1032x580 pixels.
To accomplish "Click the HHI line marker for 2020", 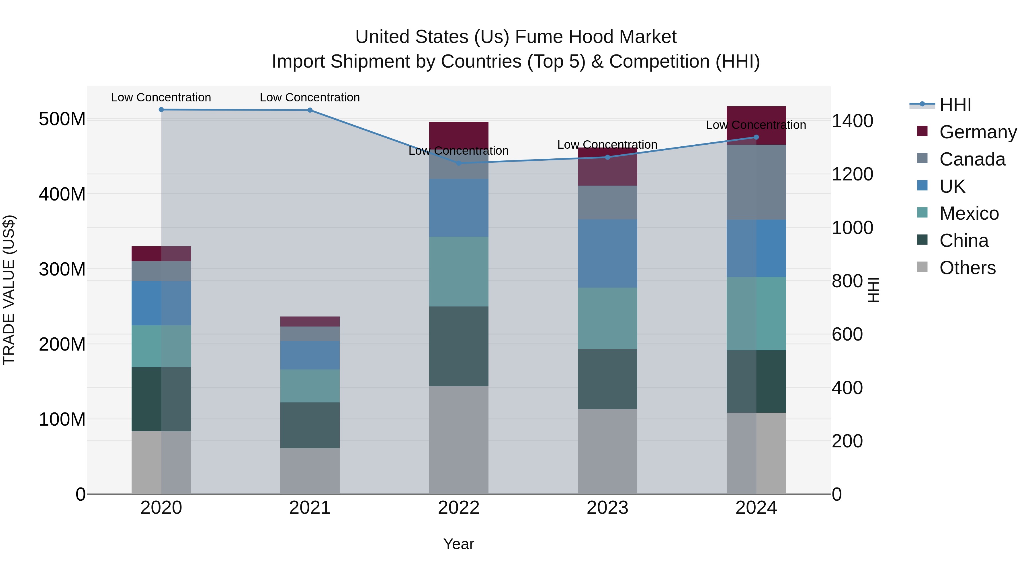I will tap(161, 109).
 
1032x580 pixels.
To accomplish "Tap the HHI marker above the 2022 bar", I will tap(459, 163).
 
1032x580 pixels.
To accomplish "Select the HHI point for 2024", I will tap(756, 137).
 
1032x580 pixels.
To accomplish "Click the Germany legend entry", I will tap(978, 132).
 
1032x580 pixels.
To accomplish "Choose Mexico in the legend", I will tap(969, 213).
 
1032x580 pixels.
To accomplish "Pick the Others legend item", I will tap(967, 268).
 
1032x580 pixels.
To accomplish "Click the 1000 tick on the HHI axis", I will tap(852, 228).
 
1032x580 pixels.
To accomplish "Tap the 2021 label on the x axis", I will tap(310, 508).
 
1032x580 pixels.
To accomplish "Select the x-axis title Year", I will tap(459, 544).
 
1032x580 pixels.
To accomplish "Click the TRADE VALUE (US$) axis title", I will tap(9, 290).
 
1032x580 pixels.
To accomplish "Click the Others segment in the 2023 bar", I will tap(607, 451).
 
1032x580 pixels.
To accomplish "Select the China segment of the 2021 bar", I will tap(310, 425).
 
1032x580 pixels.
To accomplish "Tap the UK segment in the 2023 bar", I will tap(607, 253).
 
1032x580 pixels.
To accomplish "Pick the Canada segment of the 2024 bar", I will tap(756, 182).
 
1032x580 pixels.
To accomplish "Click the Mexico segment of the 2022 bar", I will tap(459, 272).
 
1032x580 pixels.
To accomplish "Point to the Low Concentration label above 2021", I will tap(310, 97).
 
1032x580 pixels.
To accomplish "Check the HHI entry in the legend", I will tap(955, 105).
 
